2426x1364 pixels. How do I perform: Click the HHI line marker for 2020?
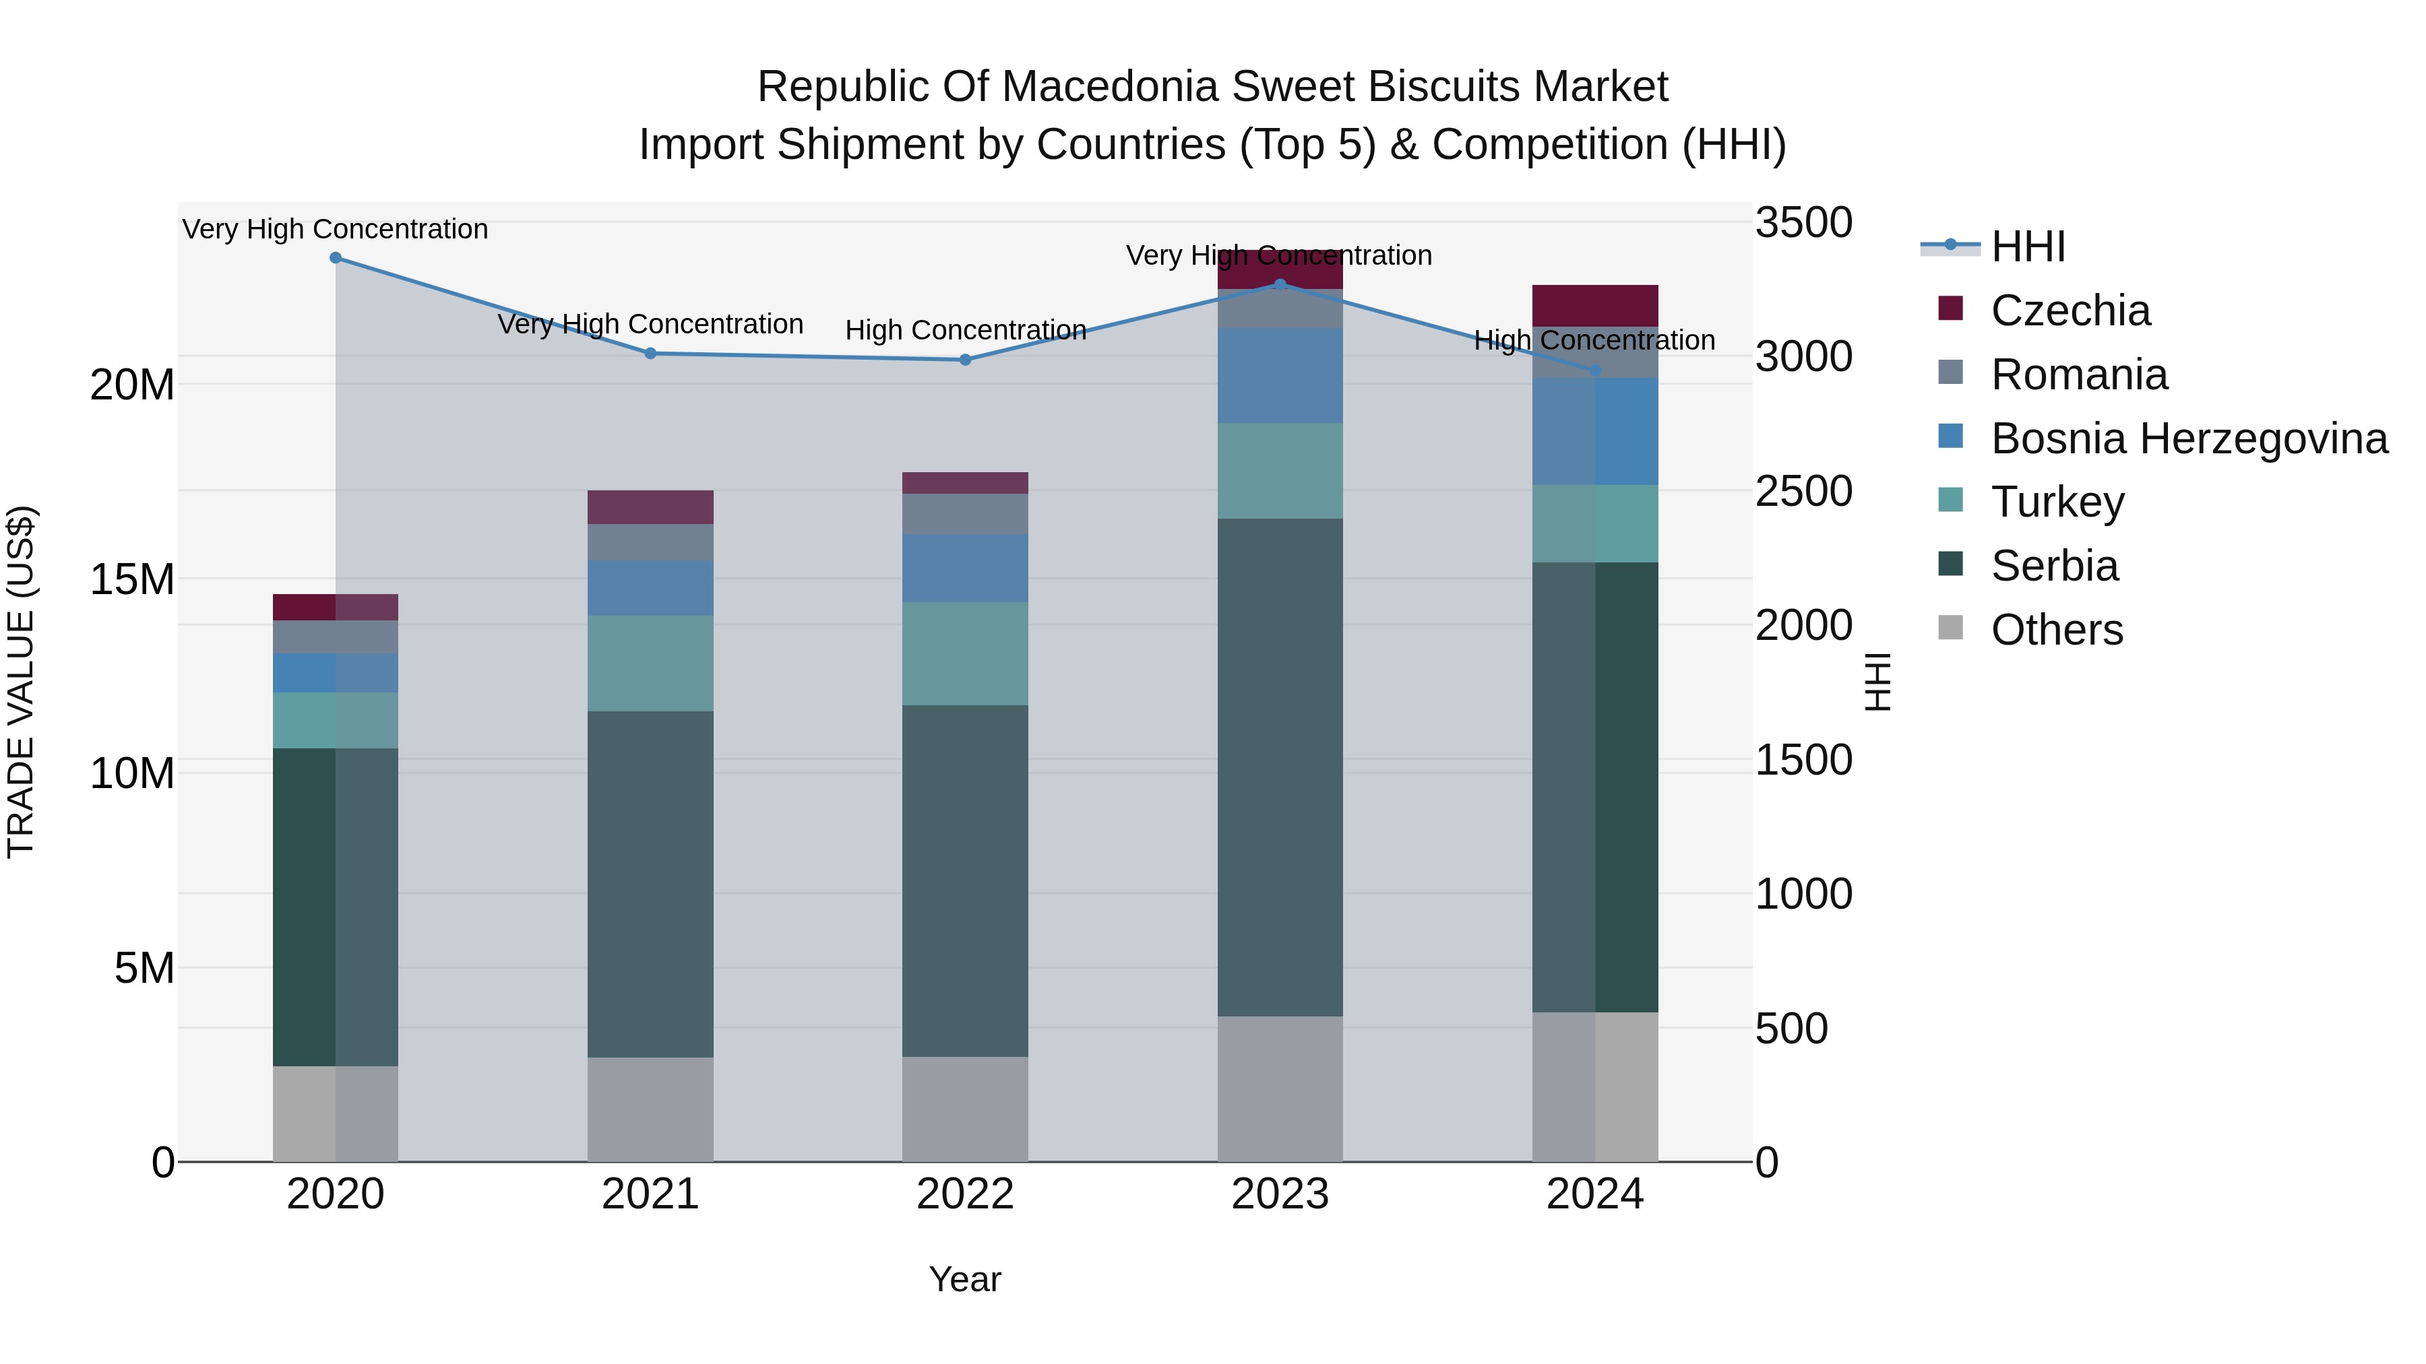coord(336,258)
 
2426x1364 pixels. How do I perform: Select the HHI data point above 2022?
coord(964,360)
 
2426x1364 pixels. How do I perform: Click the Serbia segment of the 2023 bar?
coord(1280,767)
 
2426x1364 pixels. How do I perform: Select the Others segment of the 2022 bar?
coord(964,1109)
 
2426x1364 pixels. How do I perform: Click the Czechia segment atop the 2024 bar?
coord(1594,306)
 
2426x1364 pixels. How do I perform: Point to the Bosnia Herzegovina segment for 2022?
coord(964,569)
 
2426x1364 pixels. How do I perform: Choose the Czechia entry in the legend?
coord(2070,311)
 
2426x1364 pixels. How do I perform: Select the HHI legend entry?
coord(2028,247)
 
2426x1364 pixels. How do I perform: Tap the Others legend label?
coord(2057,630)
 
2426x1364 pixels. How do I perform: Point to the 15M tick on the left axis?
coord(132,580)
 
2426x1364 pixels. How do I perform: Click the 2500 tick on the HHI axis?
coord(1803,492)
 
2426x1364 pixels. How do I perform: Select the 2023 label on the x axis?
coord(1280,1194)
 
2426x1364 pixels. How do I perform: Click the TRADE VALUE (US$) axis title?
coord(21,682)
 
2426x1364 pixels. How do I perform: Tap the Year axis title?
coord(964,1279)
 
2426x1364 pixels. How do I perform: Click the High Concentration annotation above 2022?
coord(965,331)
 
